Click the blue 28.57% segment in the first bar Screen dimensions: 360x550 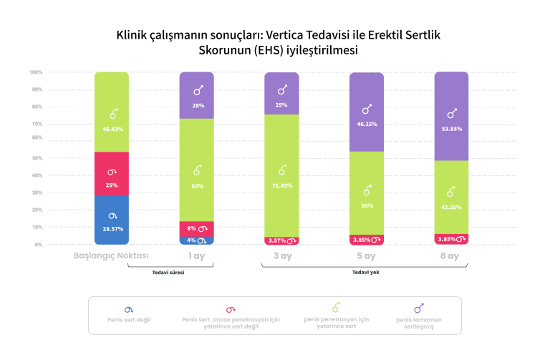point(111,220)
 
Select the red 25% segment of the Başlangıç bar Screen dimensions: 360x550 point(111,174)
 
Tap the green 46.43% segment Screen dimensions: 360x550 point(111,112)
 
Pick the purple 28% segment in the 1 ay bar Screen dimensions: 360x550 point(197,95)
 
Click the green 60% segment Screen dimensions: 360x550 point(197,170)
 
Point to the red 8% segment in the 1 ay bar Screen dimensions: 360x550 point(197,229)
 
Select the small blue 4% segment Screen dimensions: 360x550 point(197,240)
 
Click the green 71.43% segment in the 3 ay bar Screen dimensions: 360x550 point(281,175)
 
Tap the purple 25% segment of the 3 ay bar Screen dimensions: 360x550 point(281,94)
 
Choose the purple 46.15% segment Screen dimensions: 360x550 point(367,112)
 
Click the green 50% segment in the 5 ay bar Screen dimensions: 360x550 point(367,193)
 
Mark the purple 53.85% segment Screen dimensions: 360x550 point(451,116)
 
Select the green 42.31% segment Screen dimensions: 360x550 point(451,197)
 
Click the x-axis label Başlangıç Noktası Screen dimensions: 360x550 point(111,256)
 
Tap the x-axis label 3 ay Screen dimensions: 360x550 point(281,256)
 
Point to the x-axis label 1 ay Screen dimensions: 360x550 point(197,256)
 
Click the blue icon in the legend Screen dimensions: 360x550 point(129,309)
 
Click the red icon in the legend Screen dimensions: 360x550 point(231,309)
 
